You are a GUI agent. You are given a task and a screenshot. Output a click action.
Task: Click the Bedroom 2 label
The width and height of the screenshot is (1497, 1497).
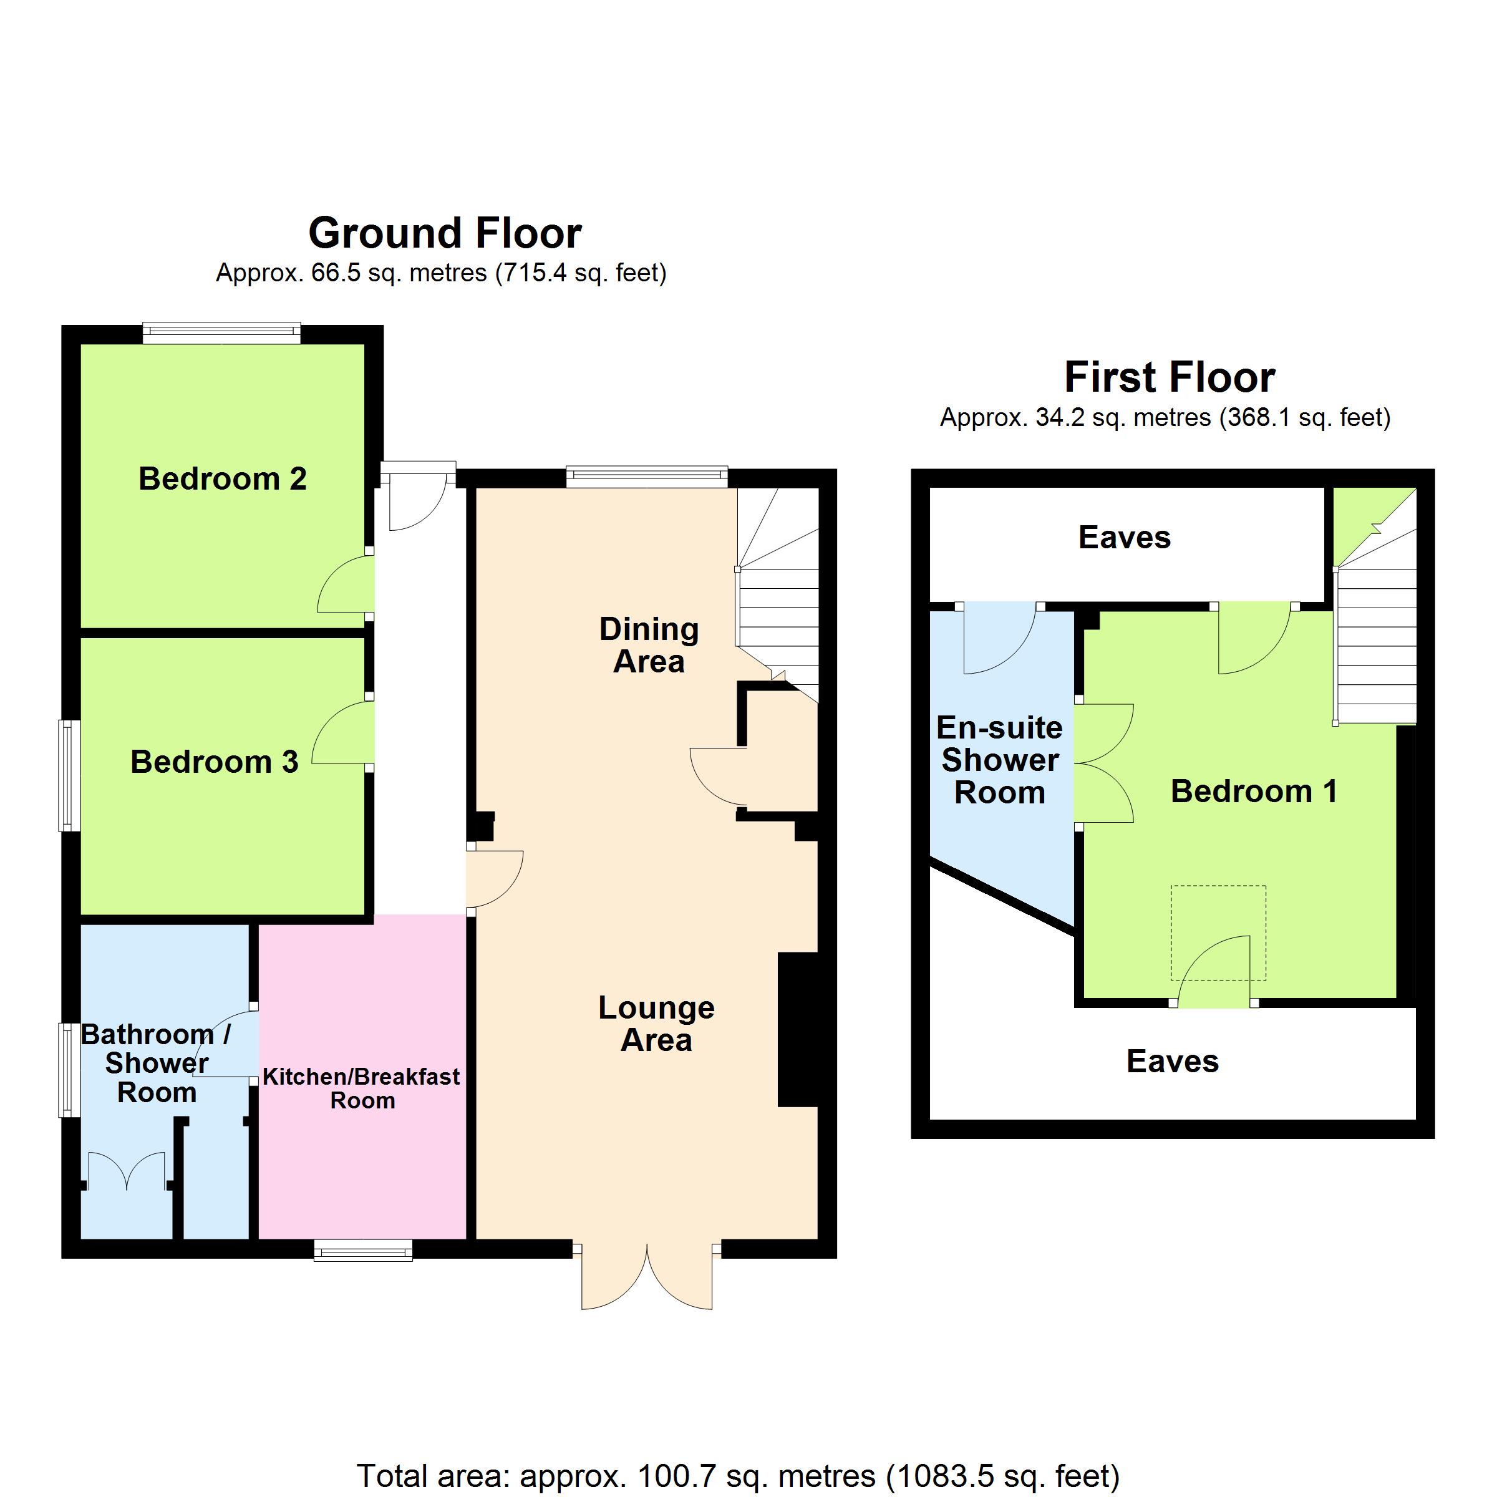click(x=223, y=479)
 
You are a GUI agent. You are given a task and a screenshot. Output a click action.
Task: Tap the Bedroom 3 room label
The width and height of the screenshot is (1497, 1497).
click(x=214, y=762)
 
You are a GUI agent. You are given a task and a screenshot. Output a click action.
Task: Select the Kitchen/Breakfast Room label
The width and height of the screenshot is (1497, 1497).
click(x=362, y=1088)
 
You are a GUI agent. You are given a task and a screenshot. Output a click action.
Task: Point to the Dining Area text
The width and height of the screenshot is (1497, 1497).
click(x=649, y=645)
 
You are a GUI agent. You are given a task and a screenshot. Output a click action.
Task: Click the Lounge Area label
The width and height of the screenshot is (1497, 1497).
click(x=656, y=1024)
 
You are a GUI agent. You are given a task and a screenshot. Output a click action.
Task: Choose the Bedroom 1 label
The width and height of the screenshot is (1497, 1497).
click(x=1254, y=791)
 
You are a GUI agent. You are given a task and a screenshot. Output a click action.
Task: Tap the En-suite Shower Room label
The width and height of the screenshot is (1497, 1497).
click(x=999, y=760)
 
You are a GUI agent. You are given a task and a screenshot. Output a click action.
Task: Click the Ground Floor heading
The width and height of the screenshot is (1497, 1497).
click(x=445, y=233)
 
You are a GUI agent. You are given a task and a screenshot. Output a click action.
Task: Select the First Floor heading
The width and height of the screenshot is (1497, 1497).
click(x=1170, y=377)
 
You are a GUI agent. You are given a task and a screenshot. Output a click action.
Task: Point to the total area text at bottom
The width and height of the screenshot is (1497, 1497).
click(x=738, y=1476)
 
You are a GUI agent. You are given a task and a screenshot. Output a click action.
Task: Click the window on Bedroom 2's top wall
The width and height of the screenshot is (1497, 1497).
click(x=221, y=333)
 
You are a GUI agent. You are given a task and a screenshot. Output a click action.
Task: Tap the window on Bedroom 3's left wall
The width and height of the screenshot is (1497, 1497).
click(x=70, y=775)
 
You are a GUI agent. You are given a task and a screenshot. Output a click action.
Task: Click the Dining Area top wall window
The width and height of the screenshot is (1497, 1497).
click(x=647, y=477)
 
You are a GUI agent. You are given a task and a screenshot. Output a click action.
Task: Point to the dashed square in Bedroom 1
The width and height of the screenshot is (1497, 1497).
click(x=1218, y=933)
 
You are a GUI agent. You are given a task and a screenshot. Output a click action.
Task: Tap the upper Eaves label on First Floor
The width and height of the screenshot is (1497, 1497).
click(x=1124, y=538)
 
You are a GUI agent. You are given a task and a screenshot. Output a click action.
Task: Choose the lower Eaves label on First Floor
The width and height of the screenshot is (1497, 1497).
click(x=1173, y=1062)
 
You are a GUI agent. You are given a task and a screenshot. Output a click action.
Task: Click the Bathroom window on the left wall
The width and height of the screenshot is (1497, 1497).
click(x=70, y=1070)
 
